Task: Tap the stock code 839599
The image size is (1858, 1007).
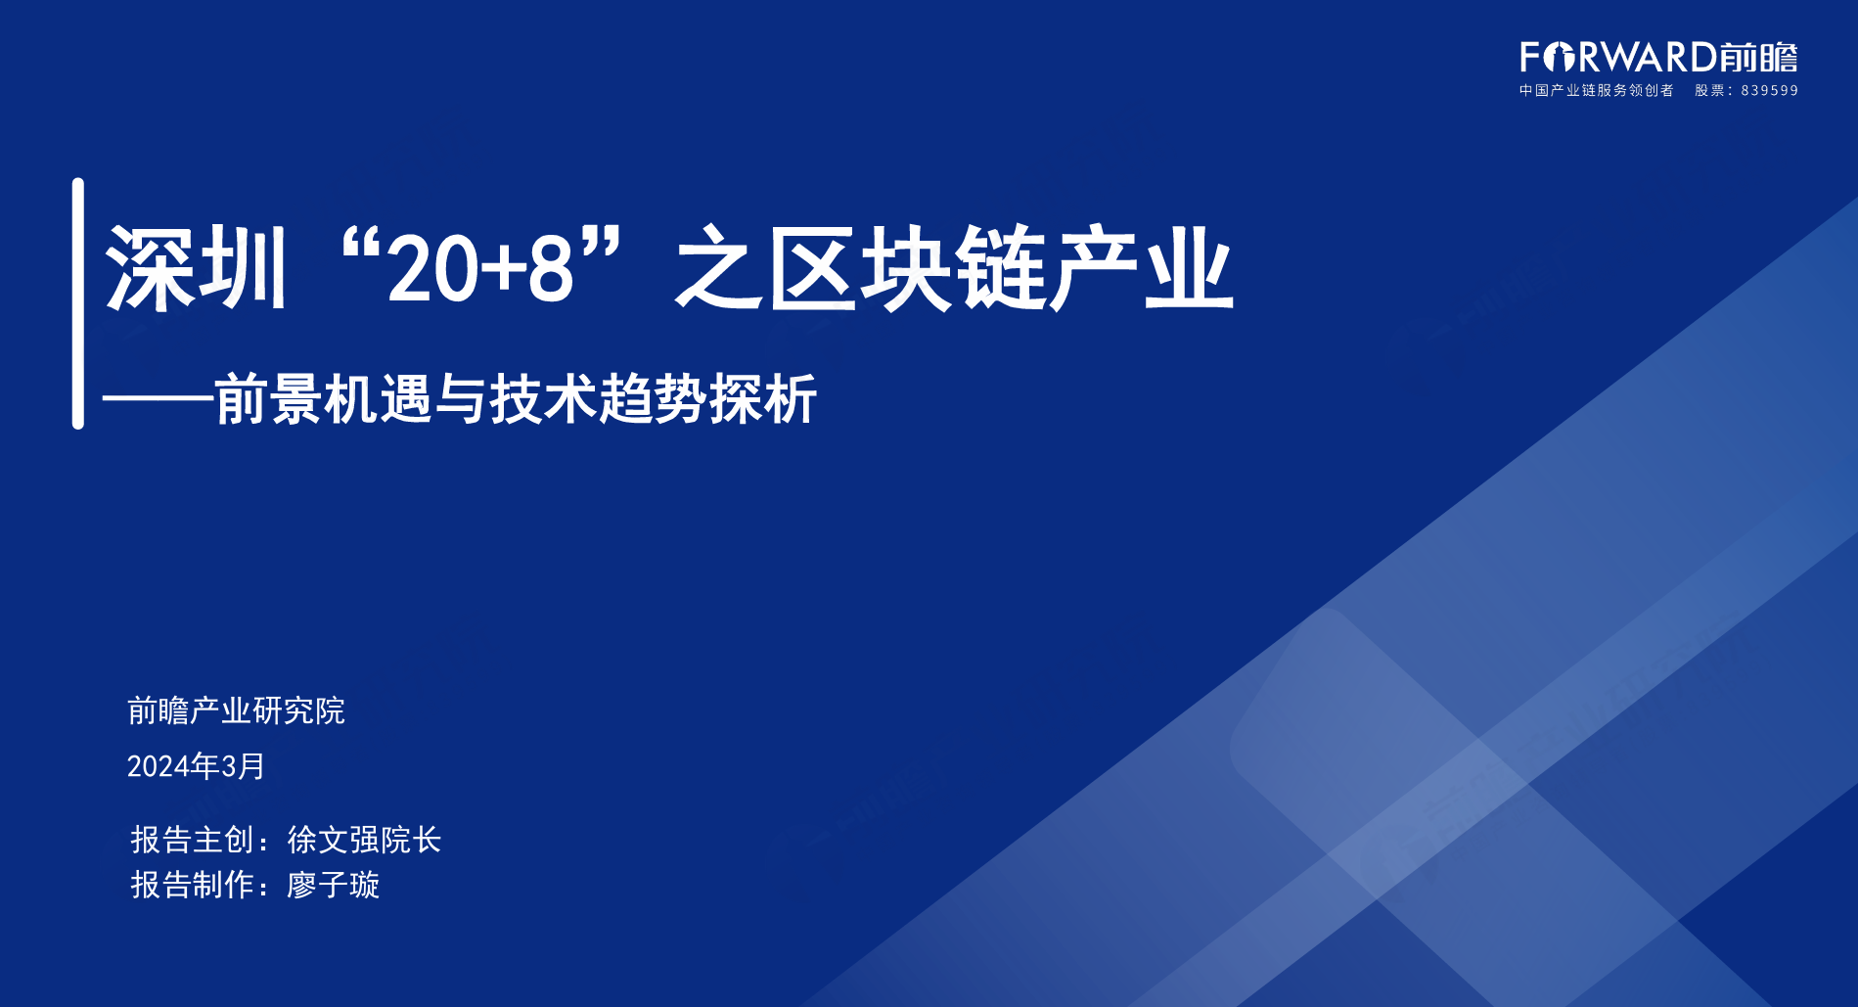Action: [x=1770, y=91]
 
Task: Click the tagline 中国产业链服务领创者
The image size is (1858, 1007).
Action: [x=1596, y=91]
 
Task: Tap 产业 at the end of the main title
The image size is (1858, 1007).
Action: [x=1141, y=269]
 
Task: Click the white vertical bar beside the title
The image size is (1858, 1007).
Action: [x=78, y=303]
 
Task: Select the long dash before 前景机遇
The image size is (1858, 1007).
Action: [x=158, y=399]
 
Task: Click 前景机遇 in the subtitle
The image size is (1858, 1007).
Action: [x=323, y=399]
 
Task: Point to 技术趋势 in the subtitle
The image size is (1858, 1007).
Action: [x=598, y=399]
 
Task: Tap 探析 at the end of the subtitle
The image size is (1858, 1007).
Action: [x=763, y=399]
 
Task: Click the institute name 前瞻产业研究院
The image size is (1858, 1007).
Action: [x=236, y=710]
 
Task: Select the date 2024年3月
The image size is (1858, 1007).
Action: [x=196, y=765]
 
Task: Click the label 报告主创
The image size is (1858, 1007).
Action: [x=193, y=840]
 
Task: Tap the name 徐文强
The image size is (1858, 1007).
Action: [x=333, y=840]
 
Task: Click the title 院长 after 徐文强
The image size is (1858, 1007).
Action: [x=411, y=840]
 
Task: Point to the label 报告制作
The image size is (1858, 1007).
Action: [x=193, y=885]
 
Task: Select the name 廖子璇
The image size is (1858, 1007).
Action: [x=333, y=885]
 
